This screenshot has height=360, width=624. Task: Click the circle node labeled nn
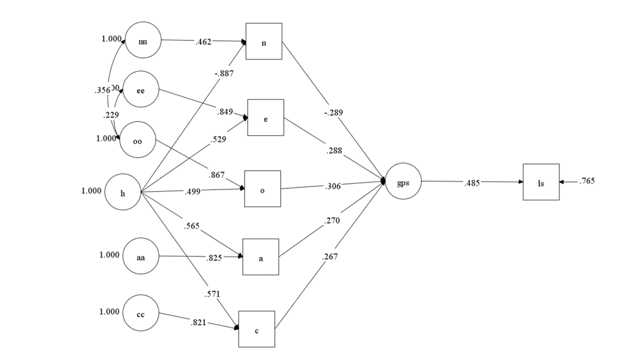(143, 40)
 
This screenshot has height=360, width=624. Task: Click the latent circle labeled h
(123, 192)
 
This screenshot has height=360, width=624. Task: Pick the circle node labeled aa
(141, 257)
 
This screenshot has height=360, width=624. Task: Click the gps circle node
(403, 181)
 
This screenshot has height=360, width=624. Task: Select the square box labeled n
(264, 41)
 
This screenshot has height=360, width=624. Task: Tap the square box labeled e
(266, 117)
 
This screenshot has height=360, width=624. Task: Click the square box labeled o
(263, 189)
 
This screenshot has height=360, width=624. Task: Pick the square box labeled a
(261, 256)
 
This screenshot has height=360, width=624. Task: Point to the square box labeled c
(257, 329)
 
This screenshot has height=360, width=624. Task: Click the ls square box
(541, 182)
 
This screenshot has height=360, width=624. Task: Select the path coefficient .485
(472, 182)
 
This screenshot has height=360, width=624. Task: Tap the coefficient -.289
(333, 113)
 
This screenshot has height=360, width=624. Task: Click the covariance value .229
(110, 115)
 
